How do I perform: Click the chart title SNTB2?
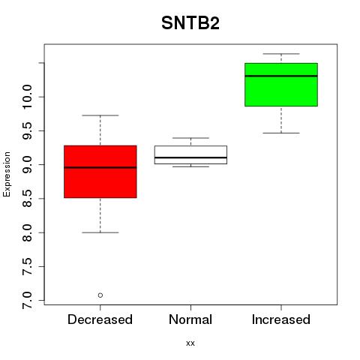190,23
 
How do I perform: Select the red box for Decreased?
100,172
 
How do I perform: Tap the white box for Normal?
190,154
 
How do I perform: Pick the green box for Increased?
281,85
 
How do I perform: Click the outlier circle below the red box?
100,295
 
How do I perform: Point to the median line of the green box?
281,76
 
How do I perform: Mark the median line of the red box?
100,167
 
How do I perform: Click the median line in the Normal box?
190,157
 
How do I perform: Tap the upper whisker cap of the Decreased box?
100,115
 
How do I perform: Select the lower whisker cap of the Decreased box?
100,232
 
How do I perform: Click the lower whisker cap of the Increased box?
281,133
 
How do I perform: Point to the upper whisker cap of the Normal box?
190,138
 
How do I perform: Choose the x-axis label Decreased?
100,319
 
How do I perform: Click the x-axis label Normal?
190,319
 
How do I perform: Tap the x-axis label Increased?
281,319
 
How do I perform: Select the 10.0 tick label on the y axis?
27,97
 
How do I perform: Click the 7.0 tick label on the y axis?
27,300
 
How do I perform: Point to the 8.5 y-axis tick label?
27,199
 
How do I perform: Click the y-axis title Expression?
7,174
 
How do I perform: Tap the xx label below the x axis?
190,343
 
